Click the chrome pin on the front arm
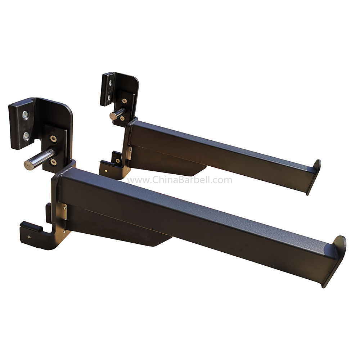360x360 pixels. tap(39, 159)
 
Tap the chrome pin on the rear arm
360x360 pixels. tap(117, 114)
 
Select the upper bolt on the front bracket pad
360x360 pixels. tap(25, 115)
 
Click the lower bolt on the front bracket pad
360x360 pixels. tap(26, 136)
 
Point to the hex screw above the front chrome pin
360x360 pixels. tap(53, 139)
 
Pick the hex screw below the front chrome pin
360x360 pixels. tap(54, 162)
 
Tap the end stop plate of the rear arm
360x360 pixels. tap(314, 177)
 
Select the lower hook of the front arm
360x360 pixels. tap(41, 234)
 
